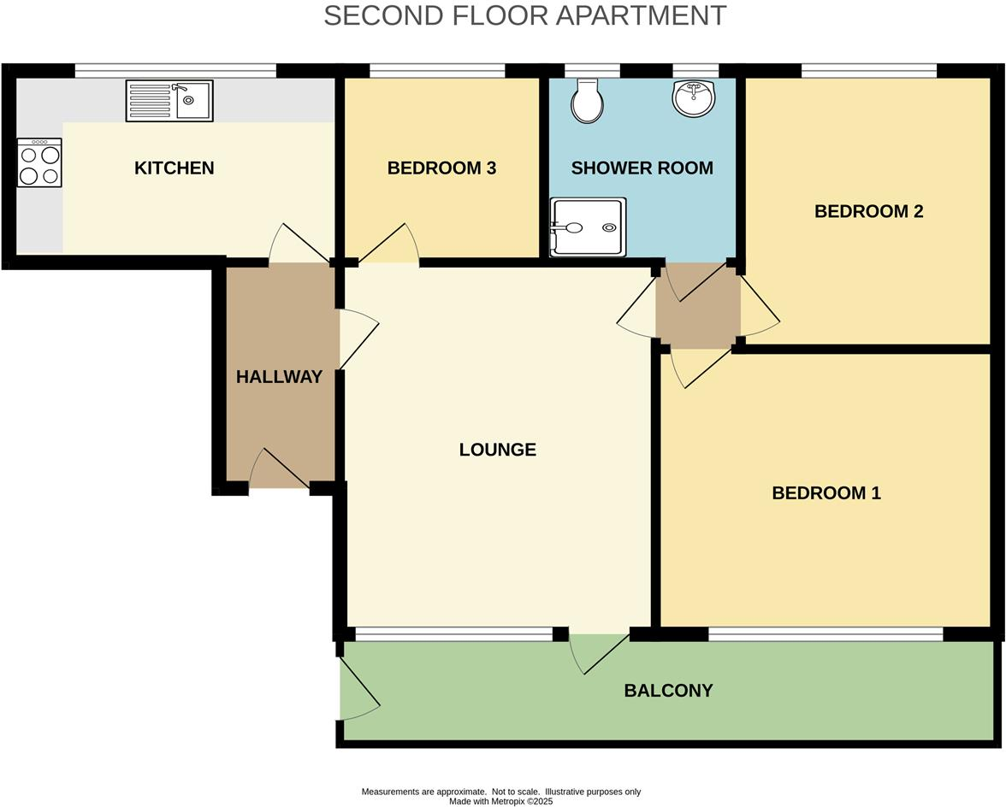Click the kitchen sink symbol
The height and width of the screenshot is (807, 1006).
[x=169, y=100]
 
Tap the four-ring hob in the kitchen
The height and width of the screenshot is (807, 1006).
[x=39, y=163]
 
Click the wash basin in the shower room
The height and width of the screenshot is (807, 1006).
[x=695, y=98]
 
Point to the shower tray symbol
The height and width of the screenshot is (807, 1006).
[x=588, y=227]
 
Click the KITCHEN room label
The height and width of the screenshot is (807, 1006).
[x=174, y=168]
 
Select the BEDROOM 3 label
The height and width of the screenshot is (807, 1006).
[x=441, y=168]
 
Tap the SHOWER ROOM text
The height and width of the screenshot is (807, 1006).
[x=642, y=168]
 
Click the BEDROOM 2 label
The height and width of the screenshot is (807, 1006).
[x=868, y=211]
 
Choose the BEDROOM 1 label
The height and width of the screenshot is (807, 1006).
[x=826, y=493]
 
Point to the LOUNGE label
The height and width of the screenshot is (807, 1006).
[x=497, y=450]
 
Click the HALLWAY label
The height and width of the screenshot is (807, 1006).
[x=279, y=377]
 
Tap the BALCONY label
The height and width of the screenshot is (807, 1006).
[x=668, y=691]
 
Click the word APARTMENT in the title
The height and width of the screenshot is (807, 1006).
[x=642, y=15]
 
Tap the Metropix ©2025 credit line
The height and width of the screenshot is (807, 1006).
[x=501, y=802]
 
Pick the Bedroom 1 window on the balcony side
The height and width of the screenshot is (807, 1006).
[x=826, y=633]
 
